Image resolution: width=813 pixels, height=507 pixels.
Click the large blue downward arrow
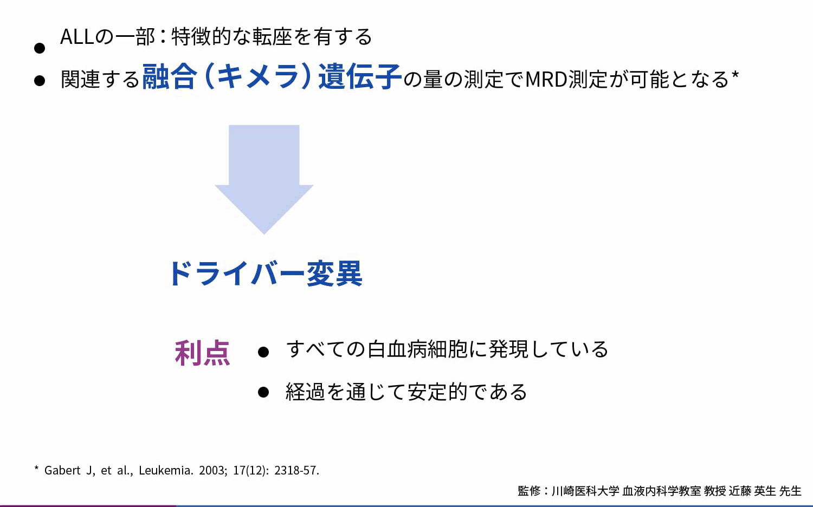(264, 179)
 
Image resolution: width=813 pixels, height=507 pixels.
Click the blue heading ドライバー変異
(266, 274)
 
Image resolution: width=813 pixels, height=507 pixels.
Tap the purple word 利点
(202, 353)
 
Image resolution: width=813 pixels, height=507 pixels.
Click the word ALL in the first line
(77, 37)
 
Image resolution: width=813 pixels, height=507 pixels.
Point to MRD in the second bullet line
(546, 79)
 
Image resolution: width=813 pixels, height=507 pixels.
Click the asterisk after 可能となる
(735, 75)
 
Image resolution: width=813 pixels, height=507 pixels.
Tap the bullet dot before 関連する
(40, 81)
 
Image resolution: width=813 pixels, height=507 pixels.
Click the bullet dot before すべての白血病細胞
(263, 352)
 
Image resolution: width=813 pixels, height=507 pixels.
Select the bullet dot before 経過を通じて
(263, 392)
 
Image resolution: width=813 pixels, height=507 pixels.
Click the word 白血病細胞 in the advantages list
(417, 349)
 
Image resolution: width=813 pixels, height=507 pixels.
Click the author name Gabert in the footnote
(62, 470)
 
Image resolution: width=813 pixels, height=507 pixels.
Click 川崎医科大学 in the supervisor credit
(585, 491)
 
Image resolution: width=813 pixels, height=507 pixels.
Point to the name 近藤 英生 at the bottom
(752, 491)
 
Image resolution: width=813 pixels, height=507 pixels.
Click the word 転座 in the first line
(272, 37)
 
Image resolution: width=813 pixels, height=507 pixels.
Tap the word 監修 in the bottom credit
(529, 491)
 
